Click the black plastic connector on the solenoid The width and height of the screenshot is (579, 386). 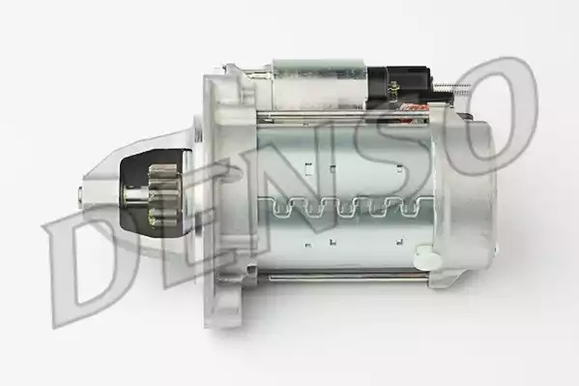(400, 84)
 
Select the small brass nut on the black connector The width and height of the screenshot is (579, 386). (393, 89)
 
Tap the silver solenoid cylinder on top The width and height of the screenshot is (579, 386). (320, 84)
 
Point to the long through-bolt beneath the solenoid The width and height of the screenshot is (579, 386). (343, 117)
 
